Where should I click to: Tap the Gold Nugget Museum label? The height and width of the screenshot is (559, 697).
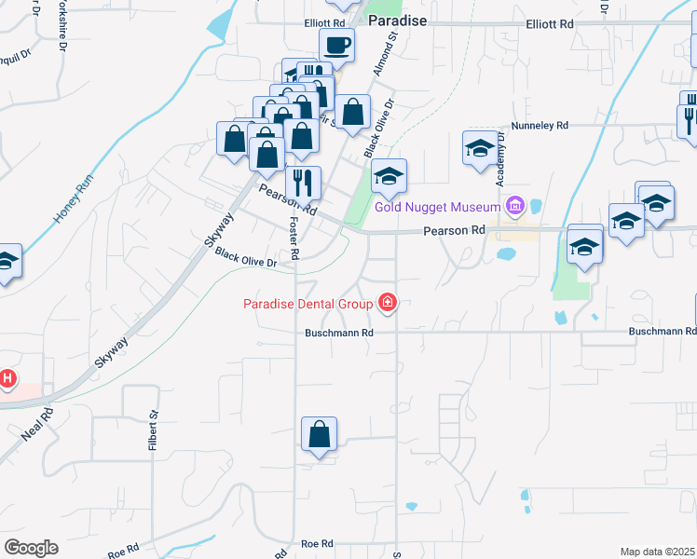pos(439,206)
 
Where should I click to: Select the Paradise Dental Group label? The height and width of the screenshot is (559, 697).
pos(307,303)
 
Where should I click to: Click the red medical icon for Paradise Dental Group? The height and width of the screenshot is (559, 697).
pos(385,302)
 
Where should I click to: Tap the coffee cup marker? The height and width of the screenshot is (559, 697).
pos(336,44)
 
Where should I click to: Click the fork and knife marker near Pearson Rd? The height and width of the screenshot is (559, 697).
pos(303,182)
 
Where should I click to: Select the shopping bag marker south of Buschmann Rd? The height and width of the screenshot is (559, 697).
pos(319,433)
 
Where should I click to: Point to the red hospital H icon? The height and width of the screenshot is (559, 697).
pos(7,378)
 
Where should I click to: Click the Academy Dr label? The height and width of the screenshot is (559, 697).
pos(501,149)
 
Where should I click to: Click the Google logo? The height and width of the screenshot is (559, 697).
pos(31,548)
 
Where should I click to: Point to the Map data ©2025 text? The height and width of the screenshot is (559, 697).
pos(657,552)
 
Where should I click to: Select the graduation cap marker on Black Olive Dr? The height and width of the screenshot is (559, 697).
pos(389,174)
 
